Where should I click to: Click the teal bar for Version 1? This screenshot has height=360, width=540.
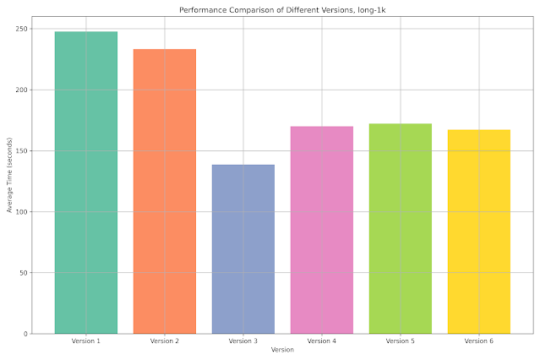86,183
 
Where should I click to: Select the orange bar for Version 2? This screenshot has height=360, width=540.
165,191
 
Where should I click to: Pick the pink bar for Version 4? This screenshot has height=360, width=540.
322,230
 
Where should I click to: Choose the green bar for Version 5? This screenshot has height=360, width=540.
401,228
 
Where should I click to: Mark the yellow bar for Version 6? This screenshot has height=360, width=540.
479,232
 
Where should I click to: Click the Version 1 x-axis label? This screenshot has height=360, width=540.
86,341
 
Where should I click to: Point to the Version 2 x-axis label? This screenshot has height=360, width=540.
165,341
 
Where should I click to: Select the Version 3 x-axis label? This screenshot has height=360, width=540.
243,341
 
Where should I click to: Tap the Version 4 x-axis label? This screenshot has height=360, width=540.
322,341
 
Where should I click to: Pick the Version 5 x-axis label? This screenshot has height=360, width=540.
401,341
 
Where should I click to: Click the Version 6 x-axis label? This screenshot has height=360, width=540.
479,341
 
